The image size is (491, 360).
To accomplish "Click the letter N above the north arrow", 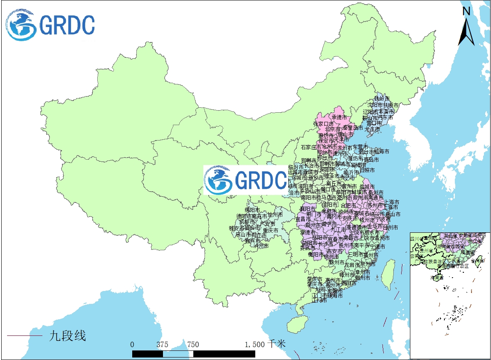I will [x=466, y=11].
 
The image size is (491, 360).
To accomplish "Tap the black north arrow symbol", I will [x=466, y=32].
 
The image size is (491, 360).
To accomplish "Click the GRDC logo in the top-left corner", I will [x=50, y=25].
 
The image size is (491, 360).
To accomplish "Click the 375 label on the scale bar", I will [x=162, y=344].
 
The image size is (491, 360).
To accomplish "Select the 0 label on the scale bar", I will [x=132, y=344].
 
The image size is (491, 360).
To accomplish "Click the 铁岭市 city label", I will [x=382, y=99].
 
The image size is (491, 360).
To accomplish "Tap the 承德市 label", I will [x=339, y=118].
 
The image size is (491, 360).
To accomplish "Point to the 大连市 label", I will [x=372, y=129].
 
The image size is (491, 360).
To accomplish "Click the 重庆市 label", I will [x=270, y=230].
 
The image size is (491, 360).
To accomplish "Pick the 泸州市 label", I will [x=261, y=246].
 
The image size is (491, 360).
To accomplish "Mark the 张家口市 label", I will [x=323, y=123].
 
